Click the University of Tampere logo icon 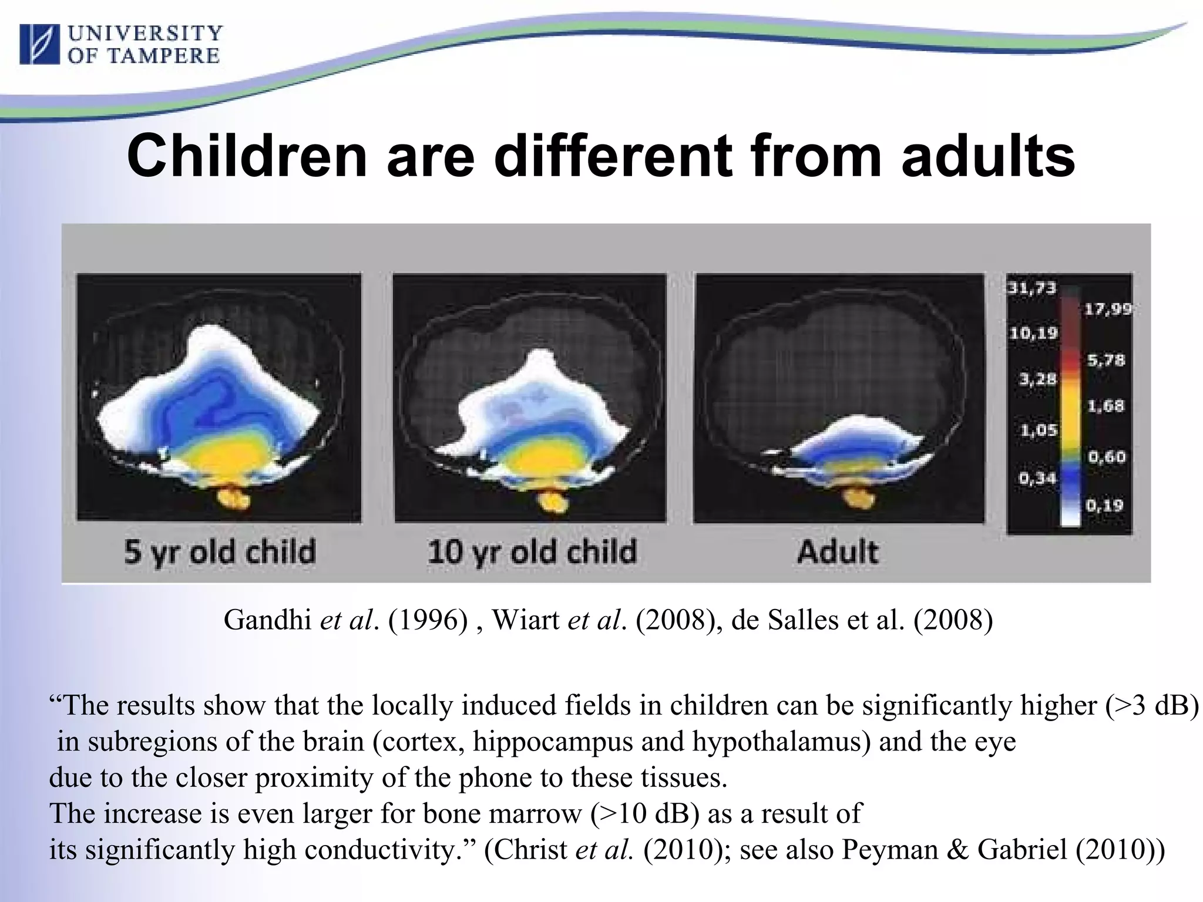click(x=39, y=44)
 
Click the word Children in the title click(x=247, y=156)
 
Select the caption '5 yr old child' click(x=220, y=552)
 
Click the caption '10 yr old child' click(x=532, y=552)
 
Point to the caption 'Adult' click(x=838, y=552)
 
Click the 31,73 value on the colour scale click(x=1032, y=288)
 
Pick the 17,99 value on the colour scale click(x=1107, y=309)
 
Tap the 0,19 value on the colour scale click(x=1104, y=505)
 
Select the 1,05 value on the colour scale click(x=1039, y=430)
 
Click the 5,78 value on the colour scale click(x=1105, y=360)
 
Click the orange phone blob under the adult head click(x=856, y=497)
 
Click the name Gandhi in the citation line click(x=267, y=620)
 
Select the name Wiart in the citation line click(x=525, y=620)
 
